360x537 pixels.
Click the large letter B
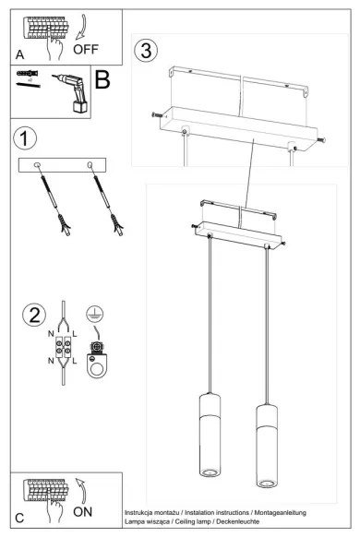102,80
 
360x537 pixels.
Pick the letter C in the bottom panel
18,518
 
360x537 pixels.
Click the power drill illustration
72,94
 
